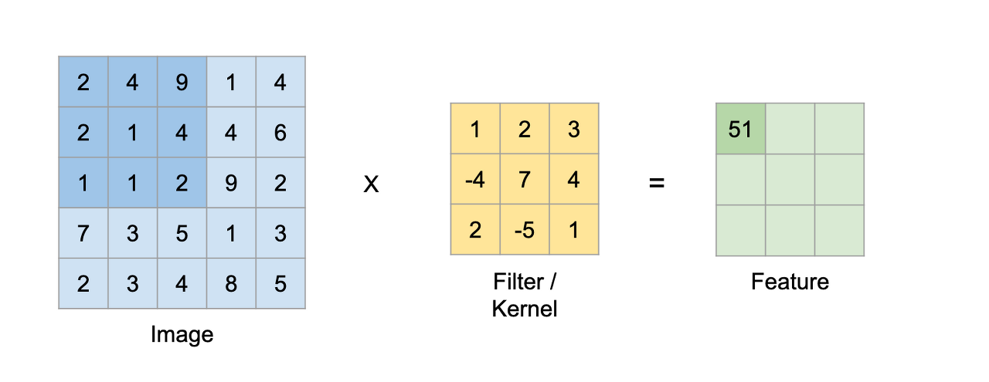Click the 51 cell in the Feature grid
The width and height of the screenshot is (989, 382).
pos(740,129)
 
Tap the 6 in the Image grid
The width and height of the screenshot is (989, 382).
pos(280,133)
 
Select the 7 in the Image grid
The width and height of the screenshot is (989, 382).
pos(83,233)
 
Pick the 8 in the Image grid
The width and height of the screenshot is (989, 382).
pos(231,283)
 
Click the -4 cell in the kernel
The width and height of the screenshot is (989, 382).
pos(475,180)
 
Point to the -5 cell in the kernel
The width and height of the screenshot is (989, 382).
pos(525,230)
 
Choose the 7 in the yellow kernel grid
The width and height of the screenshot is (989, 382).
pos(525,180)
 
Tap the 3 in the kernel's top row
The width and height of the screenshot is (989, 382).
pos(573,129)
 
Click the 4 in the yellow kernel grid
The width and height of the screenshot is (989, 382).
pos(573,180)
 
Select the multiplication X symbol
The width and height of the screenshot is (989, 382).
pos(371,185)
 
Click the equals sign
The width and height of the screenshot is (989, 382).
pos(657,184)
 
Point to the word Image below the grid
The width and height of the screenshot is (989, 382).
pos(182,334)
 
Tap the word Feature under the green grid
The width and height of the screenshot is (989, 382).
pos(790,282)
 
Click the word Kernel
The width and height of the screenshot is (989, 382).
pos(525,309)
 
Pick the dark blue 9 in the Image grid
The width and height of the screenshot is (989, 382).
pos(182,82)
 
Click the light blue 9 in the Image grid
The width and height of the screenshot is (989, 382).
pos(231,183)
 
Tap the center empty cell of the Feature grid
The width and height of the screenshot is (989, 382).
pos(790,180)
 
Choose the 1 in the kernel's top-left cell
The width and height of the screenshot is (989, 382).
pos(475,129)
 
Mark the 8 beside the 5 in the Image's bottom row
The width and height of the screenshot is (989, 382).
pos(231,283)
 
